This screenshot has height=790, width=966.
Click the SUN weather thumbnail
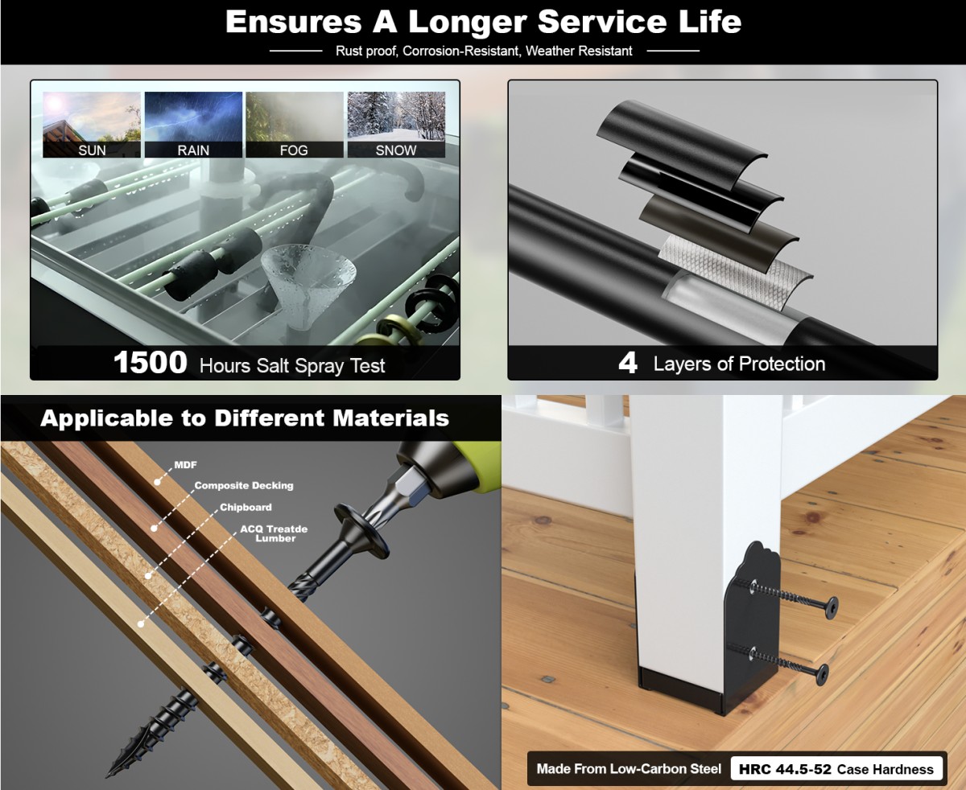[x=92, y=125]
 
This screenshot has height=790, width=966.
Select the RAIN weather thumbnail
[x=193, y=125]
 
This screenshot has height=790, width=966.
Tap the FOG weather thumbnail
[x=295, y=125]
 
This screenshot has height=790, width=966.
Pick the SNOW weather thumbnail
[x=396, y=125]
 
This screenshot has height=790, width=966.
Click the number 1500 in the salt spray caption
[x=151, y=363]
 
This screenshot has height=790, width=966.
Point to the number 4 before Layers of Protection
[x=628, y=364]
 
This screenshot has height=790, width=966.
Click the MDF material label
[x=185, y=465]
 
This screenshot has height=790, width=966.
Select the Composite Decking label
[x=244, y=486]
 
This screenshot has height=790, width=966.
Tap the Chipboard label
[x=246, y=508]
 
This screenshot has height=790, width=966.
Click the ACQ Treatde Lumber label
[x=274, y=533]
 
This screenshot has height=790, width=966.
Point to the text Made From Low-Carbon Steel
[x=629, y=768]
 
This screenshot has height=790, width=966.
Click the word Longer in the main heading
[x=468, y=22]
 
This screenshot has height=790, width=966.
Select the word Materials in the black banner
[x=390, y=418]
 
